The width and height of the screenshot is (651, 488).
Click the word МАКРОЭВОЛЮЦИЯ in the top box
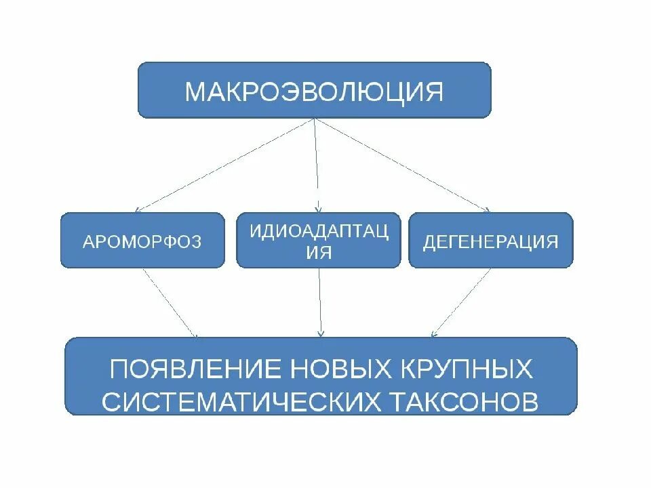(x=314, y=91)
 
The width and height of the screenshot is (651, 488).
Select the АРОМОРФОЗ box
(x=142, y=240)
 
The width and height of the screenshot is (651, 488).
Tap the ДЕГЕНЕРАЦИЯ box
(x=490, y=240)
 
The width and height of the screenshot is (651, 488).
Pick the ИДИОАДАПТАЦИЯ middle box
(x=319, y=240)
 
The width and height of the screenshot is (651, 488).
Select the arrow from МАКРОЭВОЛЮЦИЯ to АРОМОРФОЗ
(x=224, y=165)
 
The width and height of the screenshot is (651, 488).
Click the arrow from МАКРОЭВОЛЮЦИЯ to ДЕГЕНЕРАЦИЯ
(x=403, y=165)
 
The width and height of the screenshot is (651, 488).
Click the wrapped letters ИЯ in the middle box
(x=319, y=252)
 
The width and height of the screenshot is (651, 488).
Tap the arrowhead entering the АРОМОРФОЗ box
(x=138, y=210)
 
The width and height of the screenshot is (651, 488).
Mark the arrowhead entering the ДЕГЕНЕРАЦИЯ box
(x=487, y=210)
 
